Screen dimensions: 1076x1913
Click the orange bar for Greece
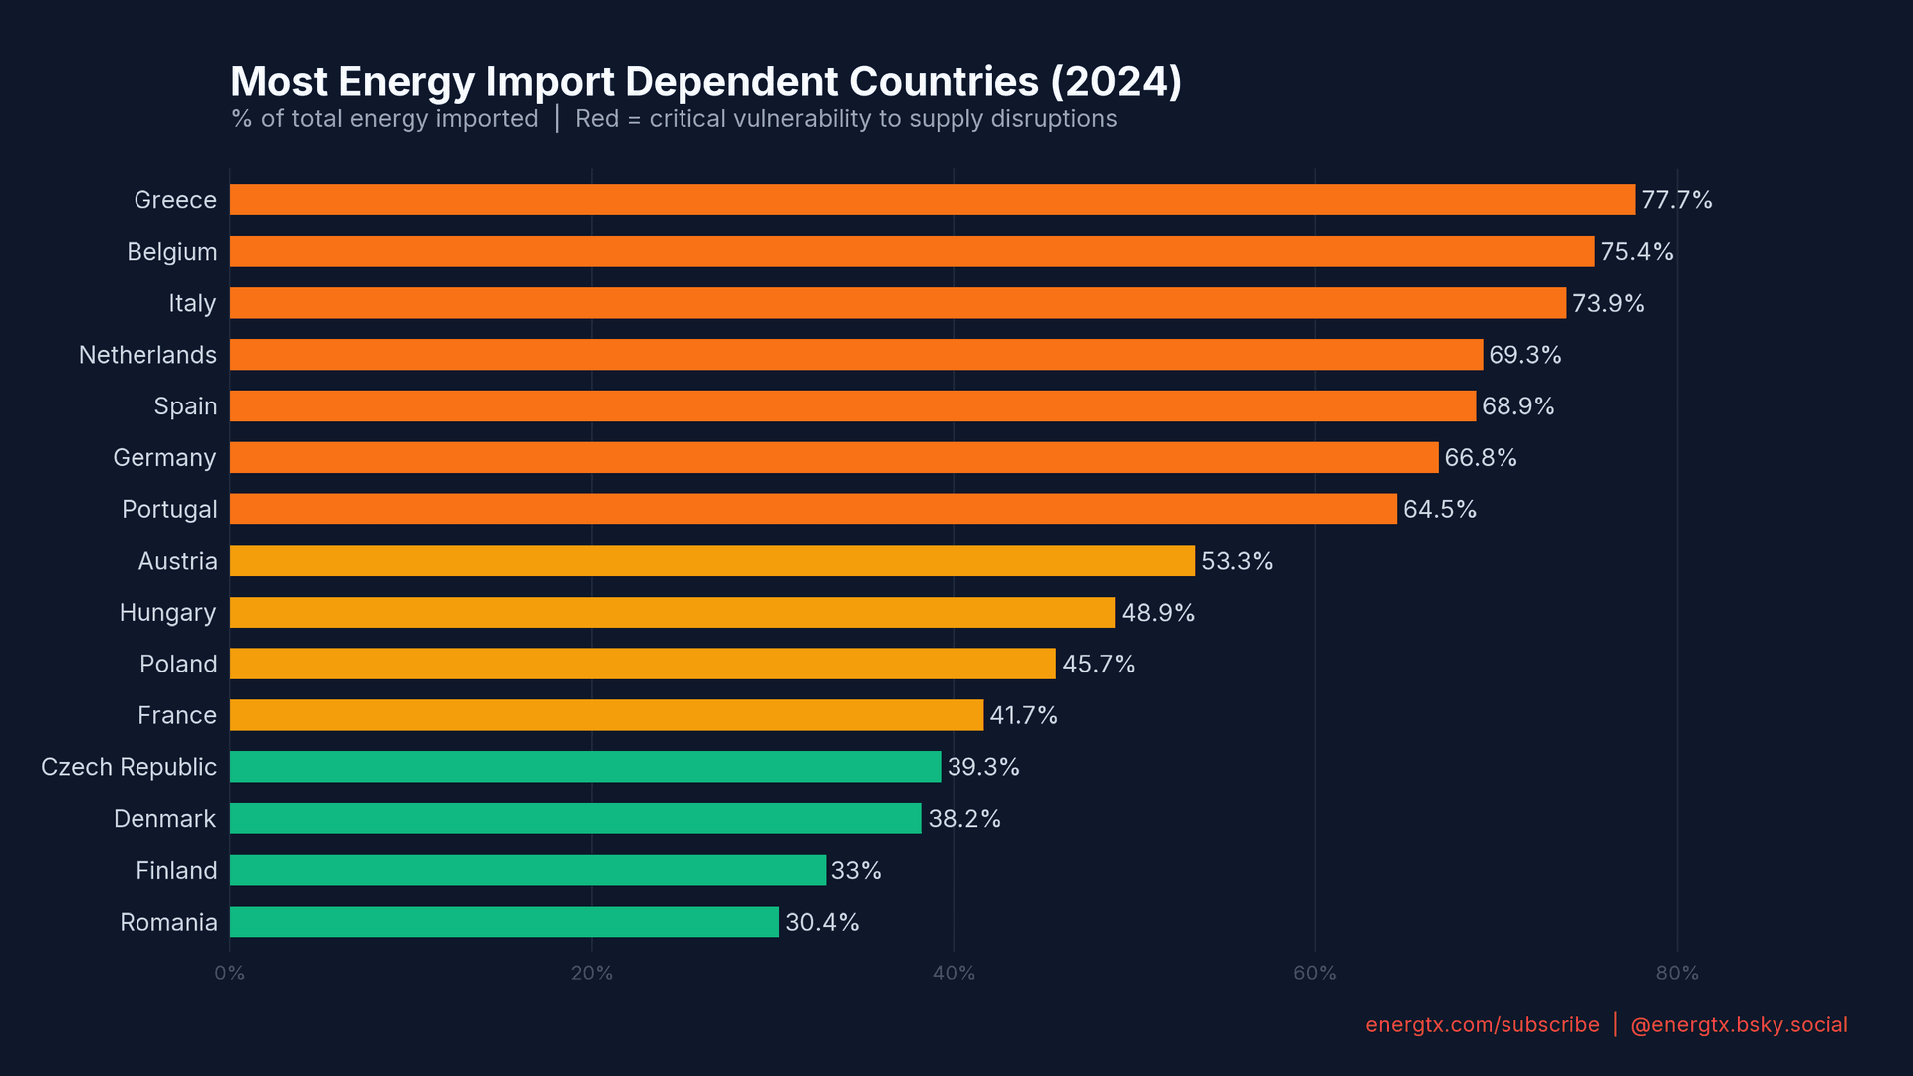click(x=932, y=200)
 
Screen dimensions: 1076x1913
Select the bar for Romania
click(x=504, y=922)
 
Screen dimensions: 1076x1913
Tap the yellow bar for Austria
click(x=711, y=561)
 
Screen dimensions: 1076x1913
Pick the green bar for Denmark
click(x=575, y=819)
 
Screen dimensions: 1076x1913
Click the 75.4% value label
click(x=1636, y=252)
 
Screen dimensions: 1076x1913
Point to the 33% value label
click(x=856, y=871)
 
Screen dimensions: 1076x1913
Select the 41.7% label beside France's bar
click(x=1023, y=716)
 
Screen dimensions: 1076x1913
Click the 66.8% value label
click(x=1480, y=458)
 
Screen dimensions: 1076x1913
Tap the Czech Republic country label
click(x=129, y=767)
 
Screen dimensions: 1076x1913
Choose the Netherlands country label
click(x=147, y=355)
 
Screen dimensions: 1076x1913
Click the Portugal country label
click(x=169, y=510)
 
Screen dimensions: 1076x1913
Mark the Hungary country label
click(x=167, y=613)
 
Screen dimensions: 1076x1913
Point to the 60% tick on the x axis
click(x=1314, y=973)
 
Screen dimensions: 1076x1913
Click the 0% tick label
click(x=229, y=973)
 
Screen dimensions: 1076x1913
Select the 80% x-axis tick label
click(x=1676, y=973)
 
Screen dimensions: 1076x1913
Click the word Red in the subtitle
click(x=596, y=119)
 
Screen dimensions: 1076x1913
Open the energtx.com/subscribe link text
click(x=1482, y=1025)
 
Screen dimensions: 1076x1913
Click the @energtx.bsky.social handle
click(x=1738, y=1025)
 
